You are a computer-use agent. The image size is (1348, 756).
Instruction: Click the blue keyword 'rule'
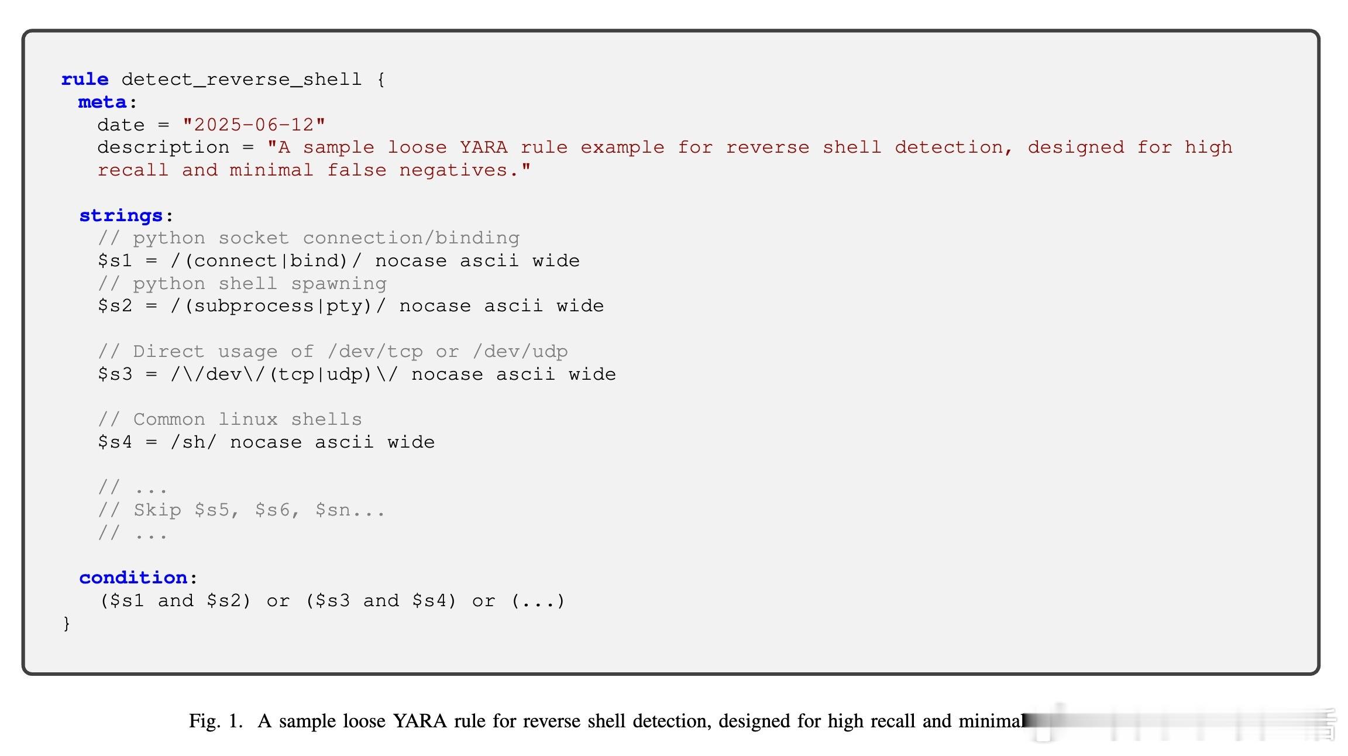[85, 80]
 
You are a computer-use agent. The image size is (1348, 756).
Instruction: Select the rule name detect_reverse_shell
[241, 80]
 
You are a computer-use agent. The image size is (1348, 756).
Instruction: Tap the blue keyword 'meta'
[102, 102]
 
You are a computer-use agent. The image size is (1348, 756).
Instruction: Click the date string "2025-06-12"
[254, 125]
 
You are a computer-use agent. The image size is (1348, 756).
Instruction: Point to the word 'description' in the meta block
[163, 147]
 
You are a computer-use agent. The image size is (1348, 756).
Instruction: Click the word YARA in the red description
[483, 147]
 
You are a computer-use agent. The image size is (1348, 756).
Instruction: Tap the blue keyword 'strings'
[121, 216]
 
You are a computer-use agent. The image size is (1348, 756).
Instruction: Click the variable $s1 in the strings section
[115, 261]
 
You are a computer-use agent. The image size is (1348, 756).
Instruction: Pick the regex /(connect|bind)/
[266, 261]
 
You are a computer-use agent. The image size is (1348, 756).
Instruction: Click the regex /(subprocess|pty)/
[278, 306]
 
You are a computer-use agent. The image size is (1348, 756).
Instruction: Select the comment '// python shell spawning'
[242, 284]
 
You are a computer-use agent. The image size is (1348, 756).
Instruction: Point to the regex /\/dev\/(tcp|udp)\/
[284, 374]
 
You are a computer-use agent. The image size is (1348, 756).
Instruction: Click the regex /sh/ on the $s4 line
[194, 442]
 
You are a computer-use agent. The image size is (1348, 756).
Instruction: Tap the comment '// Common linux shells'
[230, 420]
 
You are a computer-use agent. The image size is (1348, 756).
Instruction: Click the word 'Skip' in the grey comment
[157, 510]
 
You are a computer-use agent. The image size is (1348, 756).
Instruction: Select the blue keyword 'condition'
[133, 578]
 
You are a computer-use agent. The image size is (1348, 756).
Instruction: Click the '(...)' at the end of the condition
[538, 601]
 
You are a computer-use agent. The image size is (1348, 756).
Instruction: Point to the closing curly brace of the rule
[67, 623]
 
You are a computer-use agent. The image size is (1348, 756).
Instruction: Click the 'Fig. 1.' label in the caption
[215, 721]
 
